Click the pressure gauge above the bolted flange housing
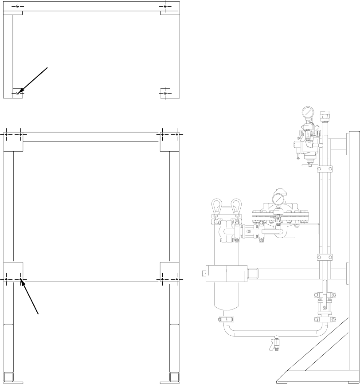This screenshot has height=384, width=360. (x=278, y=199)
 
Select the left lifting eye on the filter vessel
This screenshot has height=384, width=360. (x=217, y=206)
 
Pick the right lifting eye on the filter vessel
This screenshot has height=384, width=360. (x=236, y=206)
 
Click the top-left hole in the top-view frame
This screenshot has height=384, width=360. (x=17, y=6)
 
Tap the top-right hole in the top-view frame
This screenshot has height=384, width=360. (x=165, y=6)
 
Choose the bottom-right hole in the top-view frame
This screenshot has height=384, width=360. (x=165, y=93)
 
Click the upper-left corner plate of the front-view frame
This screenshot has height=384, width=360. (x=13, y=141)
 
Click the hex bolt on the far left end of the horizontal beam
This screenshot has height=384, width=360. (x=204, y=274)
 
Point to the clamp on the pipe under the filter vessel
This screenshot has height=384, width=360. (x=226, y=318)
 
